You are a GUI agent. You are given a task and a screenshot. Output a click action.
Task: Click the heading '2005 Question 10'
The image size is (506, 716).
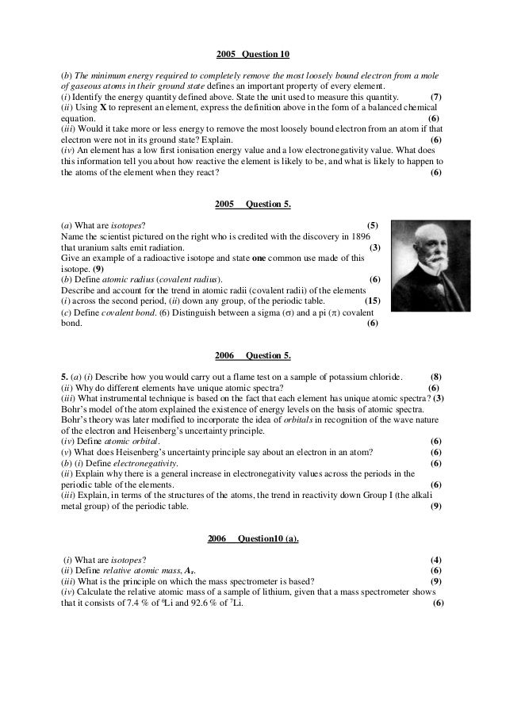pos(253,55)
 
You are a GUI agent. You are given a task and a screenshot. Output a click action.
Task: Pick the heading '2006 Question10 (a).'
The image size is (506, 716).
pos(253,538)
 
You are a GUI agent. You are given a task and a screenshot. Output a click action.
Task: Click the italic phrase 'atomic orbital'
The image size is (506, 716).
pos(134,441)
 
